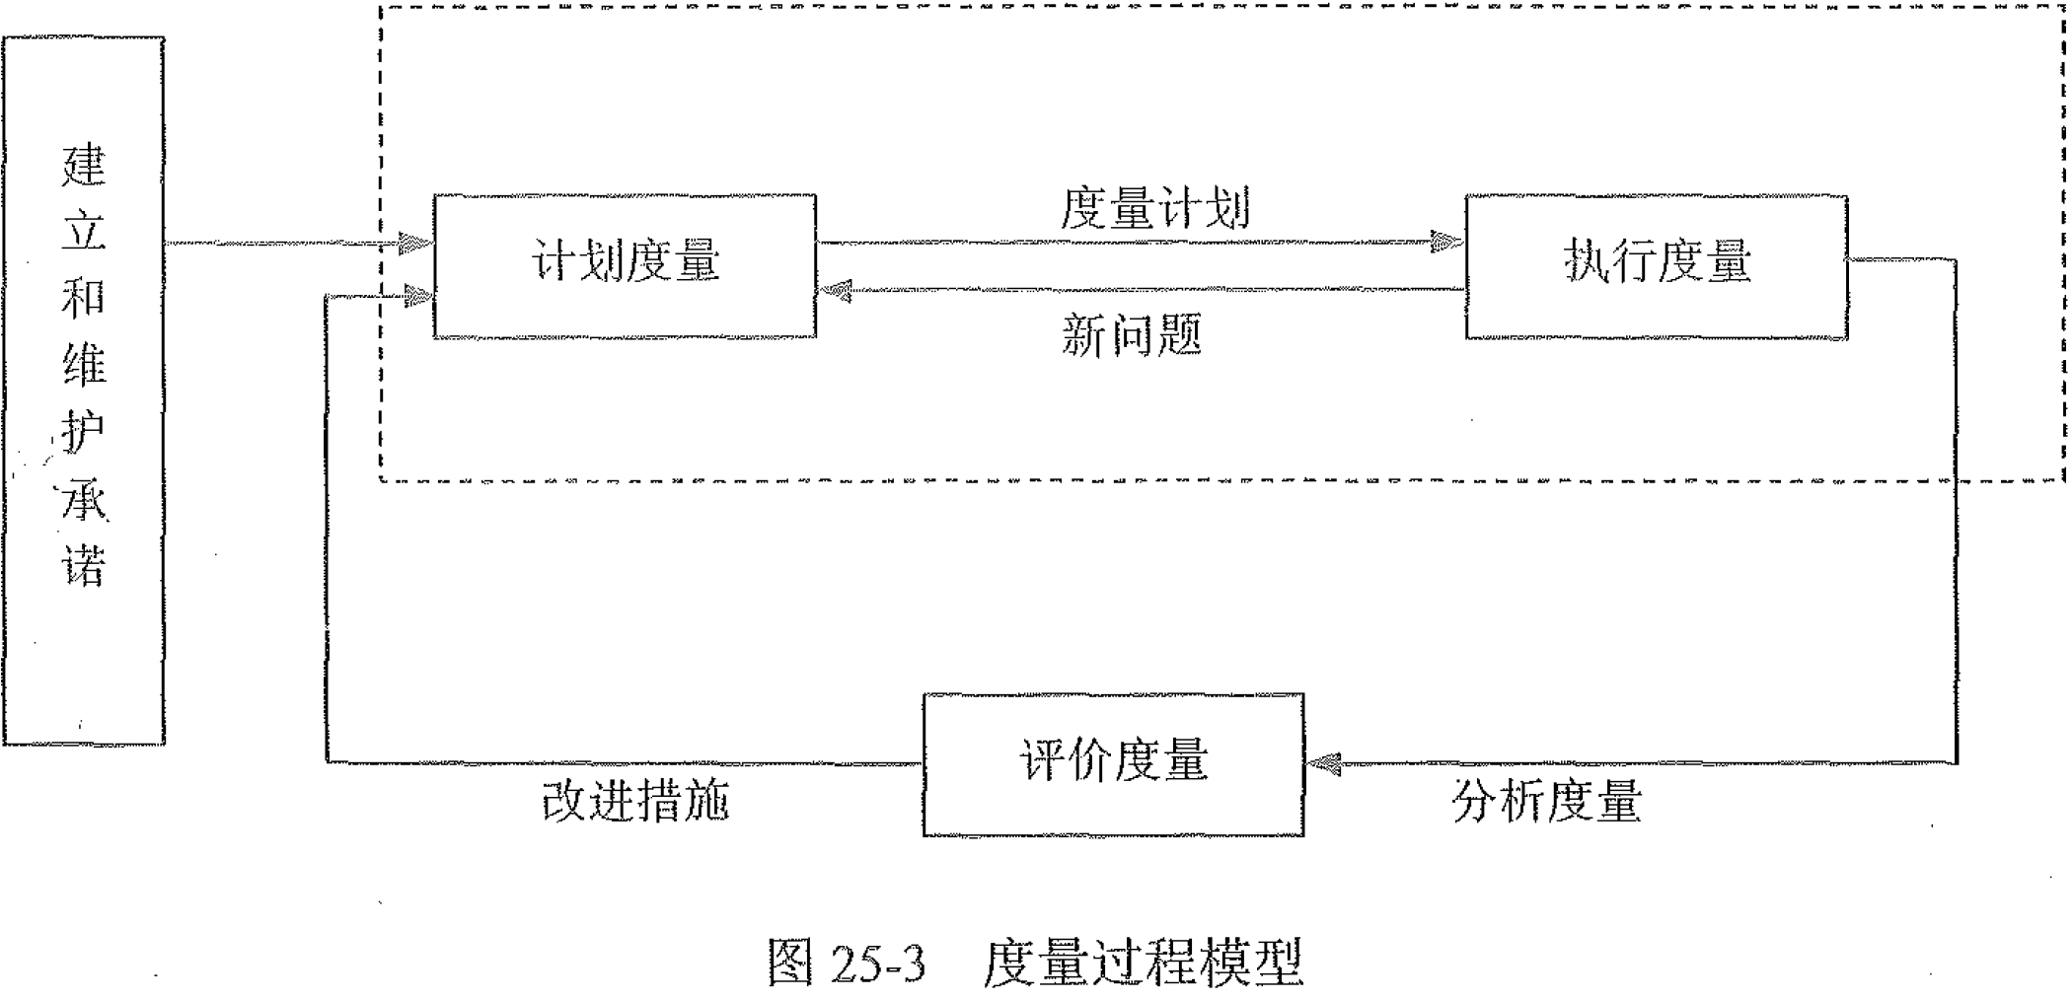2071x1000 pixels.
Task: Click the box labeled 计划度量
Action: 625,264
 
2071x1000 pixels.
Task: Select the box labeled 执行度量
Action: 1656,264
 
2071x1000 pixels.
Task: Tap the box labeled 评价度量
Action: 1113,763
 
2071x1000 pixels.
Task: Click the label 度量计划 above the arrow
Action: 1155,209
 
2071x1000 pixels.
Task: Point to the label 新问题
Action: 1132,335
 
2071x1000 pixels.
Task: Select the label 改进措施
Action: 635,801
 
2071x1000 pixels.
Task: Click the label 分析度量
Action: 1546,801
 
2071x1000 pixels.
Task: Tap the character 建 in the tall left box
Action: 84,166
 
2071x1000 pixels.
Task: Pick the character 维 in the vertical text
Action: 84,366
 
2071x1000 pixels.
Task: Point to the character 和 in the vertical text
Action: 84,299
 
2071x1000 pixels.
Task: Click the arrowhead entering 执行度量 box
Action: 1447,242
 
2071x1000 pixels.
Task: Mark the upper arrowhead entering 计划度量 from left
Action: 415,243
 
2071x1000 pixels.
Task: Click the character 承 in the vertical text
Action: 84,499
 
